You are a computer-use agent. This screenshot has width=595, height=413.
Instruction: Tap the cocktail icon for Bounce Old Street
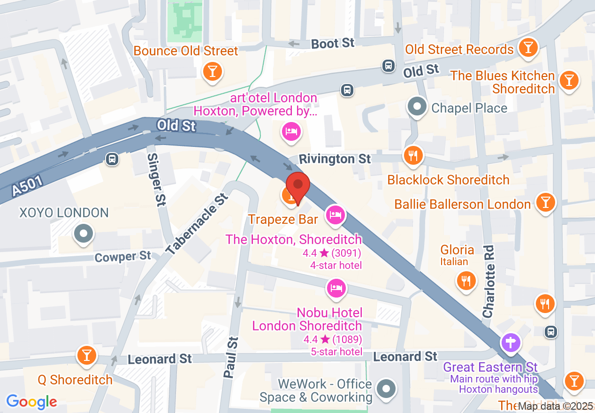[x=212, y=72]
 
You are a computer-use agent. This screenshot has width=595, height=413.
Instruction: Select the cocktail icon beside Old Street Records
[x=528, y=47]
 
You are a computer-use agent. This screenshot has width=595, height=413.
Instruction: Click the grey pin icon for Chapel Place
[x=416, y=107]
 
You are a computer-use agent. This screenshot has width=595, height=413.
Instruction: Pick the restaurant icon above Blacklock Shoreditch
[x=413, y=154]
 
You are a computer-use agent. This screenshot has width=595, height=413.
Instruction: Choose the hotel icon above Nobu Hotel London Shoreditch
[x=336, y=287]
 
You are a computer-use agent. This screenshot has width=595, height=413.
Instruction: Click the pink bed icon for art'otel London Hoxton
[x=291, y=131]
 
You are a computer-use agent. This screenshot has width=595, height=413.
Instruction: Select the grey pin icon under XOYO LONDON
[x=84, y=233]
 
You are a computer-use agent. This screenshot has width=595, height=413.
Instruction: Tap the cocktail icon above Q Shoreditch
[x=86, y=355]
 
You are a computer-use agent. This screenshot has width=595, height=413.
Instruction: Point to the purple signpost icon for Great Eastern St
[x=511, y=342]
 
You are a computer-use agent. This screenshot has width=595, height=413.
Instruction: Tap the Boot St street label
[x=333, y=44]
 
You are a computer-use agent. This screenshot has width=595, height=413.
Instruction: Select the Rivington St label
[x=335, y=159]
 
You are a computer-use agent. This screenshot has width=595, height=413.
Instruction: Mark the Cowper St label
[x=122, y=257]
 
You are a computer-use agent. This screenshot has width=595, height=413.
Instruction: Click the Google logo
[x=31, y=402]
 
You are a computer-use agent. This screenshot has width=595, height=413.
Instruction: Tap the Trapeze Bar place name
[x=283, y=219]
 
